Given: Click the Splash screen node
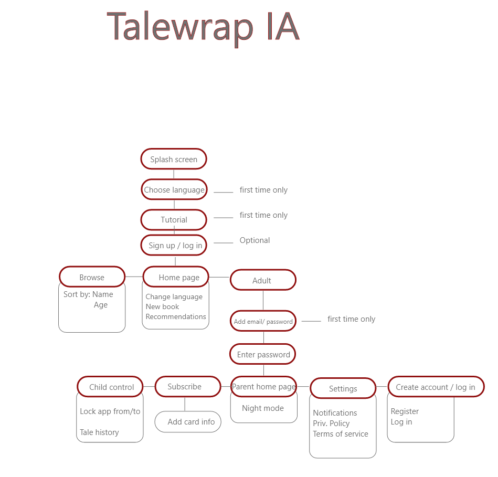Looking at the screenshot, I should (x=174, y=159).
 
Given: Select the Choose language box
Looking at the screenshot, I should (x=174, y=189).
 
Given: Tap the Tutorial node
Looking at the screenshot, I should (x=174, y=220).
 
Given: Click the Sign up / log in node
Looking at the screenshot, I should (x=175, y=245).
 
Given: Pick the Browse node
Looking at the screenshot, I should (x=92, y=277).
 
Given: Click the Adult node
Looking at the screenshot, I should (x=263, y=280).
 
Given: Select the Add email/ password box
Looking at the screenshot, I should (x=263, y=321).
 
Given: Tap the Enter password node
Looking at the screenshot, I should (x=263, y=354).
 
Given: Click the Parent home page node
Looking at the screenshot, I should (x=263, y=387).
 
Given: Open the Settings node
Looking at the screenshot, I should (x=343, y=388).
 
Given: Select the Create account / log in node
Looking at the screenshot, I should (x=436, y=387).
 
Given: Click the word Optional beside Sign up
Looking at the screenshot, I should (x=255, y=240).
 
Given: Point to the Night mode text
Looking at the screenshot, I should (x=262, y=408).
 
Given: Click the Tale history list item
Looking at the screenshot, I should (x=99, y=432).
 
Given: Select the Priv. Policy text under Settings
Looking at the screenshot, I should (x=331, y=423).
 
